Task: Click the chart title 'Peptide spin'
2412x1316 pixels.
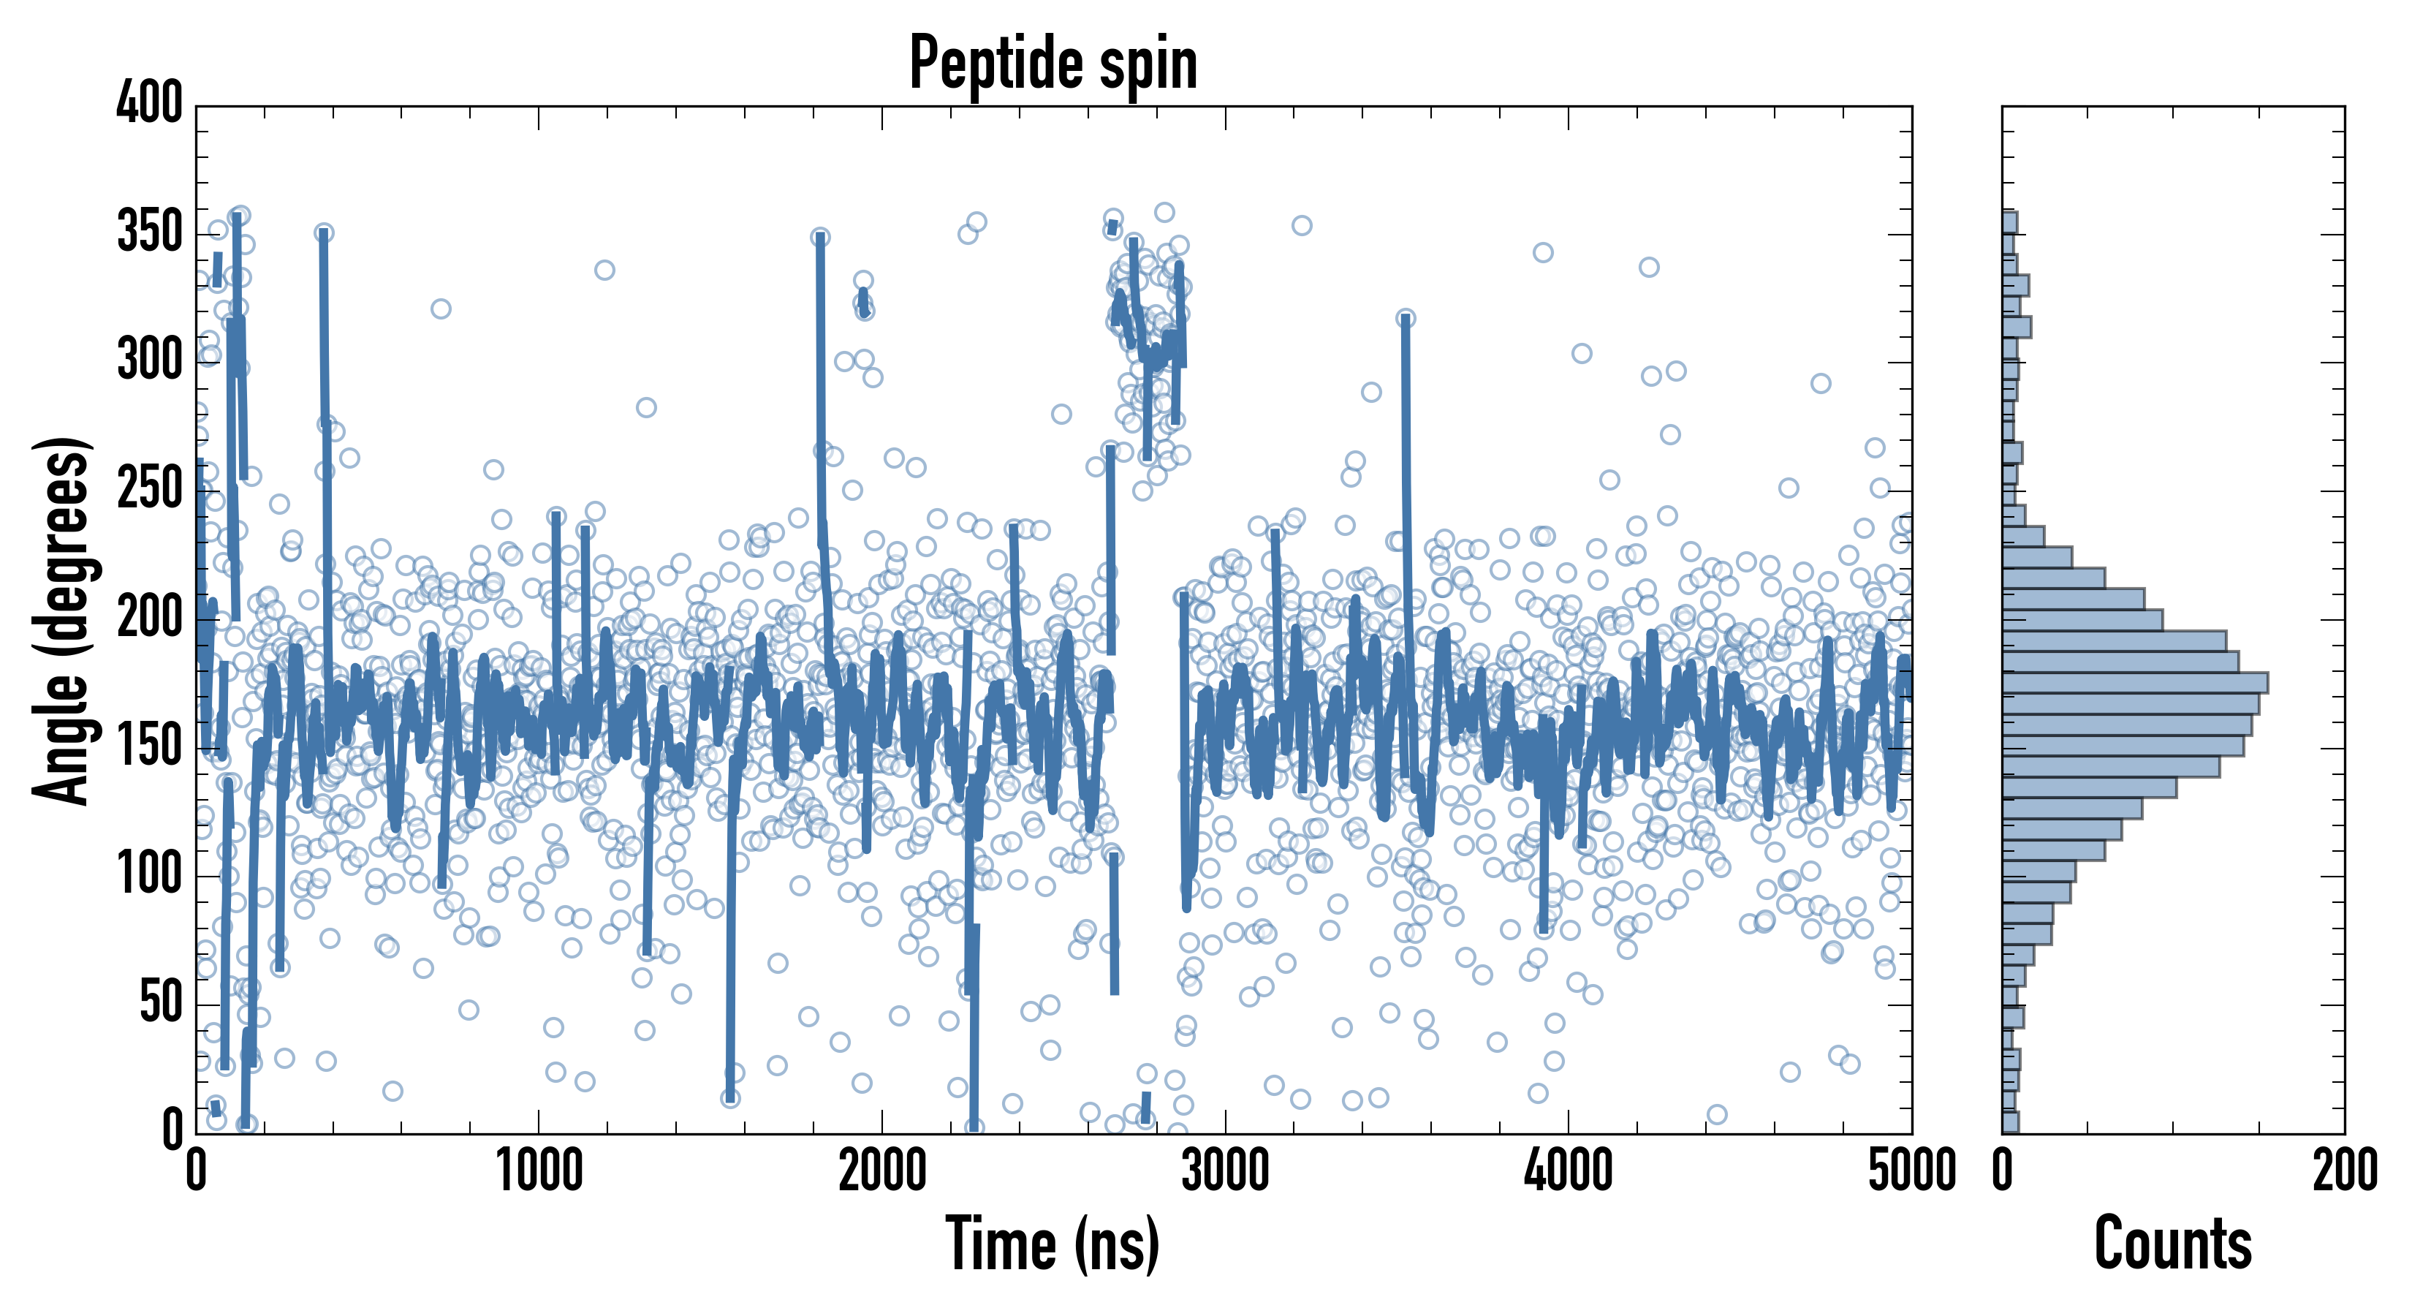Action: pos(1053,63)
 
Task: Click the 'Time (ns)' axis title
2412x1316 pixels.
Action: pos(1053,1244)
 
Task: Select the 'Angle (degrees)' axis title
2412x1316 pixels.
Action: pos(62,620)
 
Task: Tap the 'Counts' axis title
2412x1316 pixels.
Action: pos(2172,1244)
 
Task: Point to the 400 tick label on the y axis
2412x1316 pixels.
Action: pos(150,103)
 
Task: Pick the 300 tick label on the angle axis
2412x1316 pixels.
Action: pos(150,360)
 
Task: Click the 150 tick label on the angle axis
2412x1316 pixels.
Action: pos(150,746)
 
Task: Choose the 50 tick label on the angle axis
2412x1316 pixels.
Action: pos(161,1003)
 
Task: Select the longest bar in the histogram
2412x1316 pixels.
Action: pos(2135,683)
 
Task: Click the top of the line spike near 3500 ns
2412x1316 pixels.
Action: pos(1406,319)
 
